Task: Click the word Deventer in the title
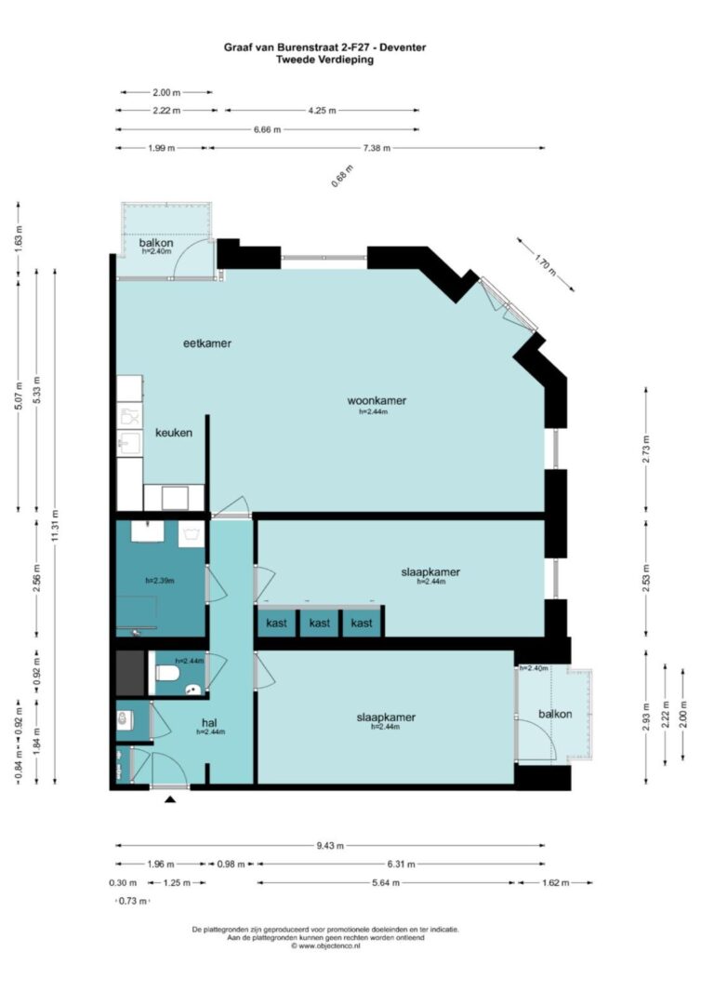[401, 47]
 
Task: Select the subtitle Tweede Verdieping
[325, 59]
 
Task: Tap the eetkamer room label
[206, 343]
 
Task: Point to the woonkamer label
[377, 401]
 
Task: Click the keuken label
[174, 433]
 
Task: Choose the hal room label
[209, 721]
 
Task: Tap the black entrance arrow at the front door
[170, 798]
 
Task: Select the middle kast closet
[320, 623]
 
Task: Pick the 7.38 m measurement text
[376, 148]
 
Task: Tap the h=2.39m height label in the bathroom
[159, 581]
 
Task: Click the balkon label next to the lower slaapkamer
[553, 714]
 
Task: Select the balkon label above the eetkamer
[155, 243]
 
